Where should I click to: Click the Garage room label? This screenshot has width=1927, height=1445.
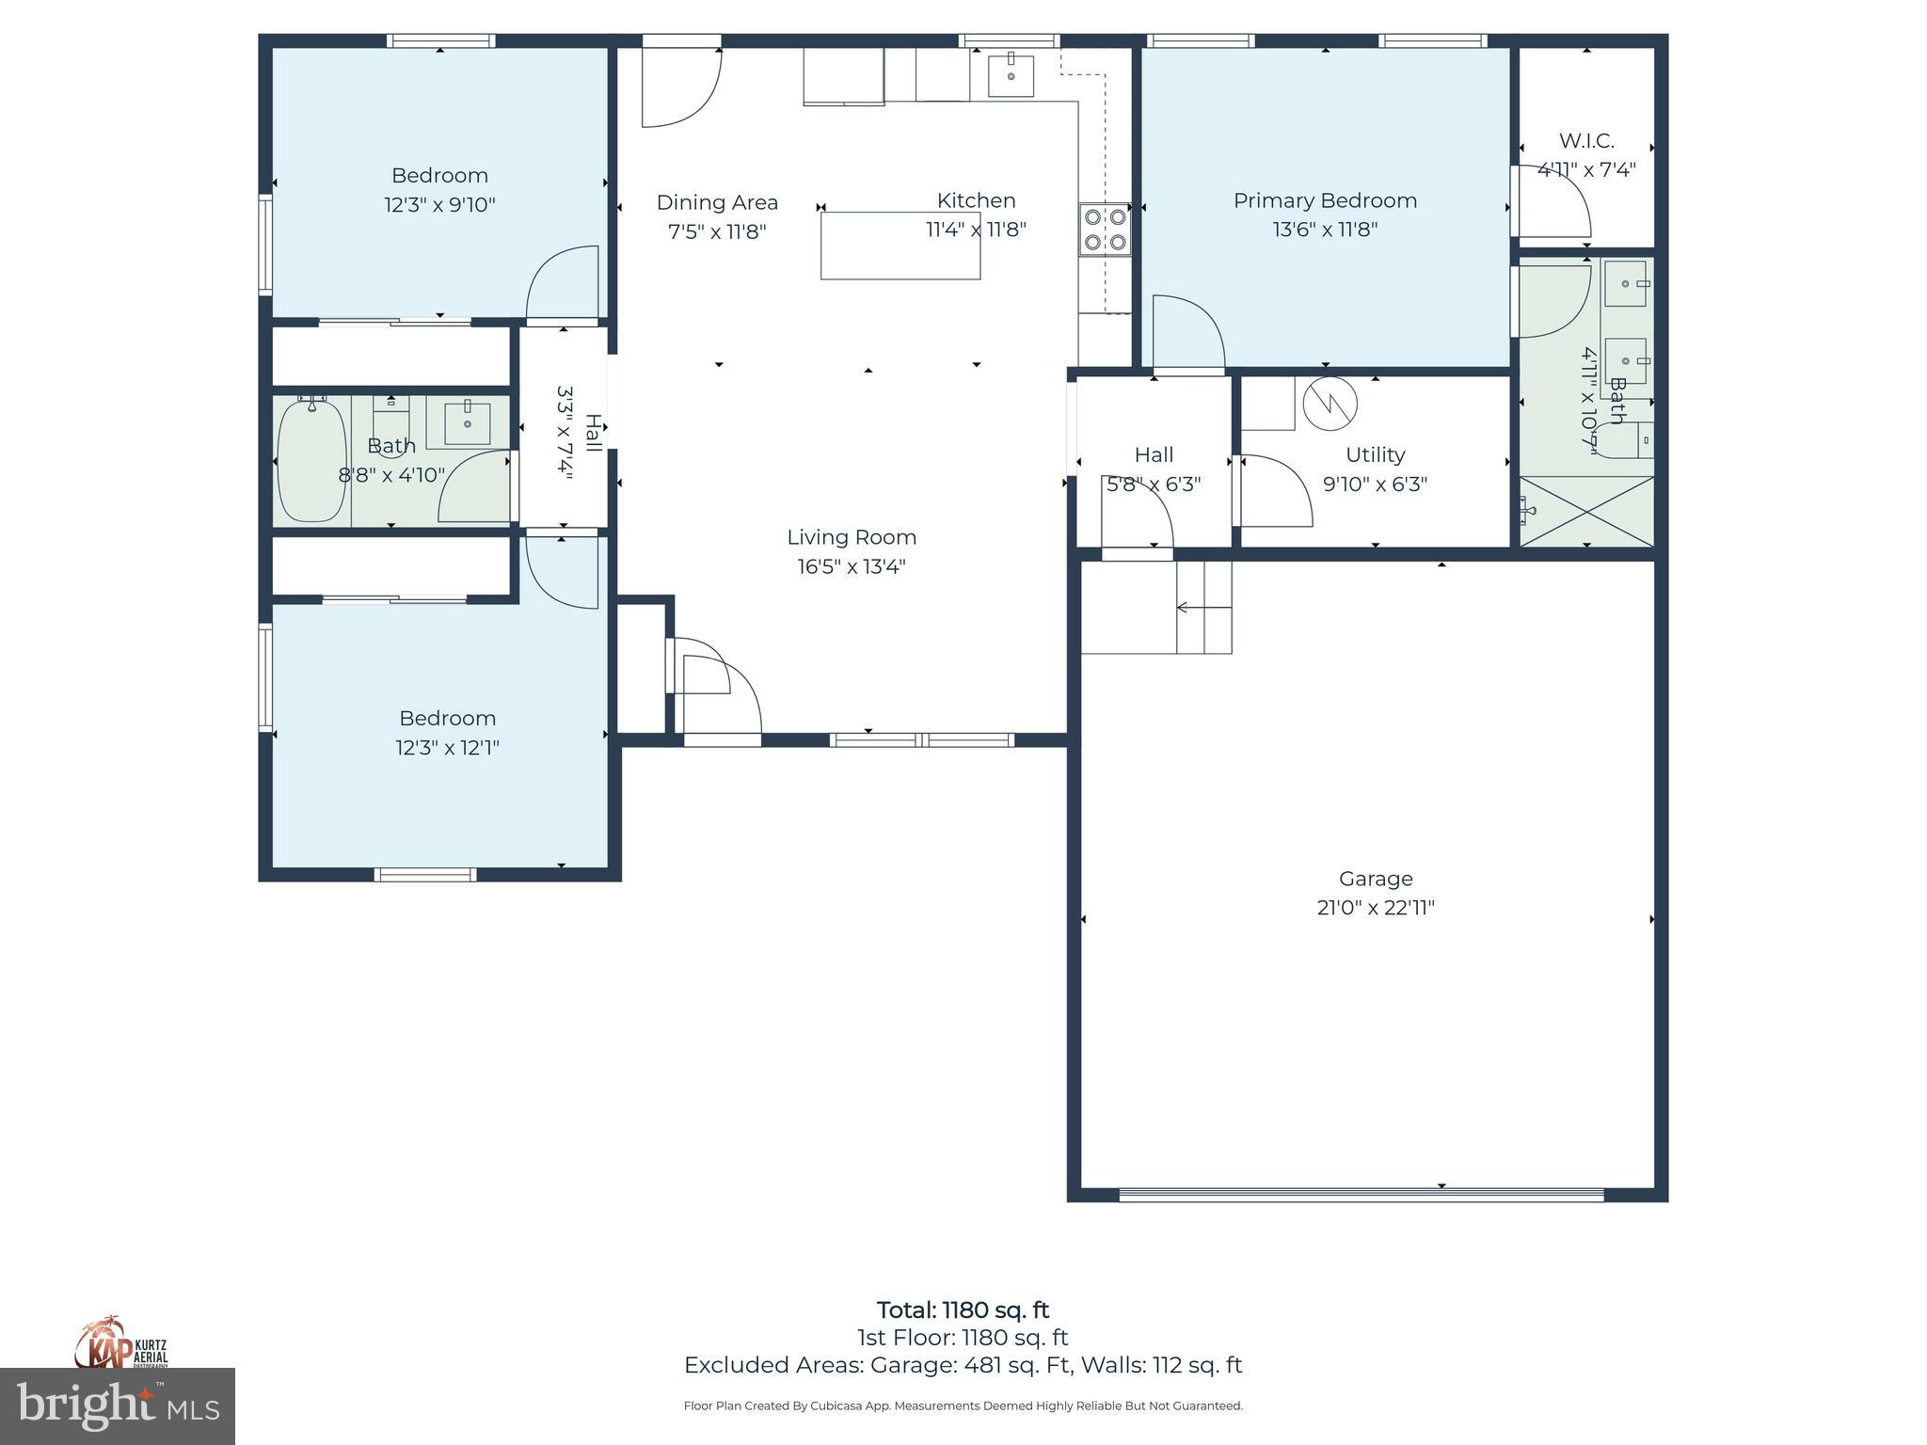point(1375,879)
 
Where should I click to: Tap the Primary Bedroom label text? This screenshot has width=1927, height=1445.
point(1325,200)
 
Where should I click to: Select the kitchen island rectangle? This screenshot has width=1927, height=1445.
point(900,246)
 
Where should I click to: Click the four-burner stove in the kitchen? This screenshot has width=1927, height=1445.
point(1105,229)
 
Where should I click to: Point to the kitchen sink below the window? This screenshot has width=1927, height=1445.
point(1011,76)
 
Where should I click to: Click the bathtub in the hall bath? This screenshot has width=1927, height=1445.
point(312,460)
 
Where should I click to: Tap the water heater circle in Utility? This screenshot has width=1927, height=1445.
point(1330,405)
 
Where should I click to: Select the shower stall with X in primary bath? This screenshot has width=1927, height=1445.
point(1586,511)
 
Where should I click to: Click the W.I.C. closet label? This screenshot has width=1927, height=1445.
point(1586,141)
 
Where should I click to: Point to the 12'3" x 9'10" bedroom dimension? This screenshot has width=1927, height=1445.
point(439,205)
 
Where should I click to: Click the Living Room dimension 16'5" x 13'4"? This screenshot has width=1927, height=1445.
point(852,566)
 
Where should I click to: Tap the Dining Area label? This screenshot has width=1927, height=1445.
point(717,202)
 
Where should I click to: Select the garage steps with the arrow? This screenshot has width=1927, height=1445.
point(1203,608)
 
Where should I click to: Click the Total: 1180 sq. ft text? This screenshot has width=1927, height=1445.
point(963,1310)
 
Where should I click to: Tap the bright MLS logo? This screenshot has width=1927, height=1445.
point(117,1407)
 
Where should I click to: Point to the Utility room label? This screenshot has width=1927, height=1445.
point(1375,455)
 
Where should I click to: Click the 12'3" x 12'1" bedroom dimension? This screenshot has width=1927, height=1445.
point(447,748)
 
